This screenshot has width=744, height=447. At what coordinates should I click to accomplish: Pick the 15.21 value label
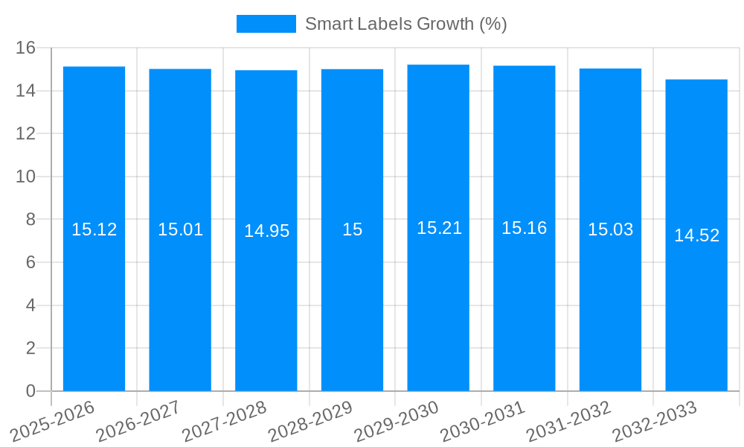click(439, 229)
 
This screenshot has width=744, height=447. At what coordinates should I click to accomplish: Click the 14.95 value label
click(266, 231)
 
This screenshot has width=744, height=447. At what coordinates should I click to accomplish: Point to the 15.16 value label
click(524, 229)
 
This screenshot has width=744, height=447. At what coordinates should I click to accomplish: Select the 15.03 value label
click(610, 229)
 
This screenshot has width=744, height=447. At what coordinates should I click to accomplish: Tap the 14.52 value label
click(696, 235)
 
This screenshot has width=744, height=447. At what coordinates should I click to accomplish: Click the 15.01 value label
click(180, 229)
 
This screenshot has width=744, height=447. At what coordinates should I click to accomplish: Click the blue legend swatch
click(266, 24)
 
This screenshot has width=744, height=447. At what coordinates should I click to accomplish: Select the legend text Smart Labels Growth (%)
click(405, 24)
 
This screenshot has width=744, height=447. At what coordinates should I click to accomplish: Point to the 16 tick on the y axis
click(26, 48)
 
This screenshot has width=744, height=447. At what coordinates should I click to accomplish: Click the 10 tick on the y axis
click(26, 177)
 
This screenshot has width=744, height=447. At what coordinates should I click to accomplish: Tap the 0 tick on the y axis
click(31, 391)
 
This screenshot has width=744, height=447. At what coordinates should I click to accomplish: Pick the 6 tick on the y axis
click(31, 262)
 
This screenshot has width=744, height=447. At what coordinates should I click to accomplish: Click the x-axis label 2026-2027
click(138, 421)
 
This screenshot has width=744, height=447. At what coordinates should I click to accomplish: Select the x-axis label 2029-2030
click(396, 421)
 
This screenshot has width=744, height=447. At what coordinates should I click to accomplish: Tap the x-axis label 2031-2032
click(568, 421)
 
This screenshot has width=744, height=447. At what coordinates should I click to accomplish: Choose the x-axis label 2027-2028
click(224, 421)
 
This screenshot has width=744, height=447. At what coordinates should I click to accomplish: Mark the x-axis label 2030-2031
click(482, 421)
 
